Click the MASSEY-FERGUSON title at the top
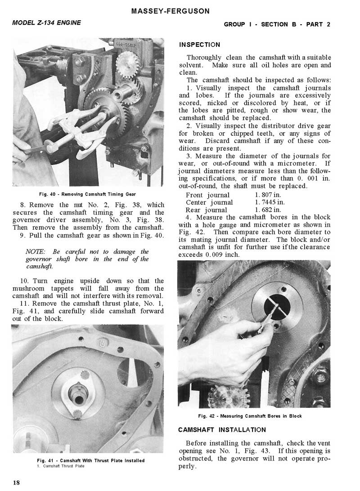[x=171, y=11]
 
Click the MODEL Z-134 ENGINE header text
[x=47, y=22]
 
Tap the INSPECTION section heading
[x=199, y=45]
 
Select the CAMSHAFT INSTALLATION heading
[x=222, y=430]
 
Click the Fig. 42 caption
[x=250, y=416]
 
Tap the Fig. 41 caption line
[x=90, y=460]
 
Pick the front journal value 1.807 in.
[x=268, y=195]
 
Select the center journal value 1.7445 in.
[x=269, y=202]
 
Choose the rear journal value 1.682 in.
[x=268, y=210]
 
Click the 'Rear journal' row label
[x=206, y=210]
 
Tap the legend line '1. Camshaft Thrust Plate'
[x=60, y=466]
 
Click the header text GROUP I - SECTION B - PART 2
[x=277, y=24]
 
